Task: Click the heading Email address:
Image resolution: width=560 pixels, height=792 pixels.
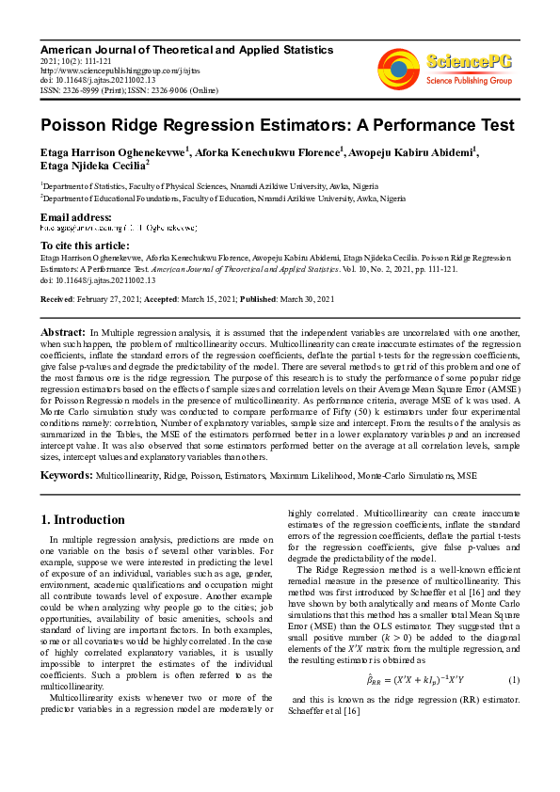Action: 76,217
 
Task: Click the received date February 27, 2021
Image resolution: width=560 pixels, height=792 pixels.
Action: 114,298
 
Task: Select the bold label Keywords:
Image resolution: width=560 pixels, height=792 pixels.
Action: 67,477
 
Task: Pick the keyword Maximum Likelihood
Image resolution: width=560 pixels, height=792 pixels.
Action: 307,478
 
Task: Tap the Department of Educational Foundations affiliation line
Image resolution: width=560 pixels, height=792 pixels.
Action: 223,199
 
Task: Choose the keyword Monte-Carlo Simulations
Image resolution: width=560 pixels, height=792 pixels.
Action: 396,478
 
